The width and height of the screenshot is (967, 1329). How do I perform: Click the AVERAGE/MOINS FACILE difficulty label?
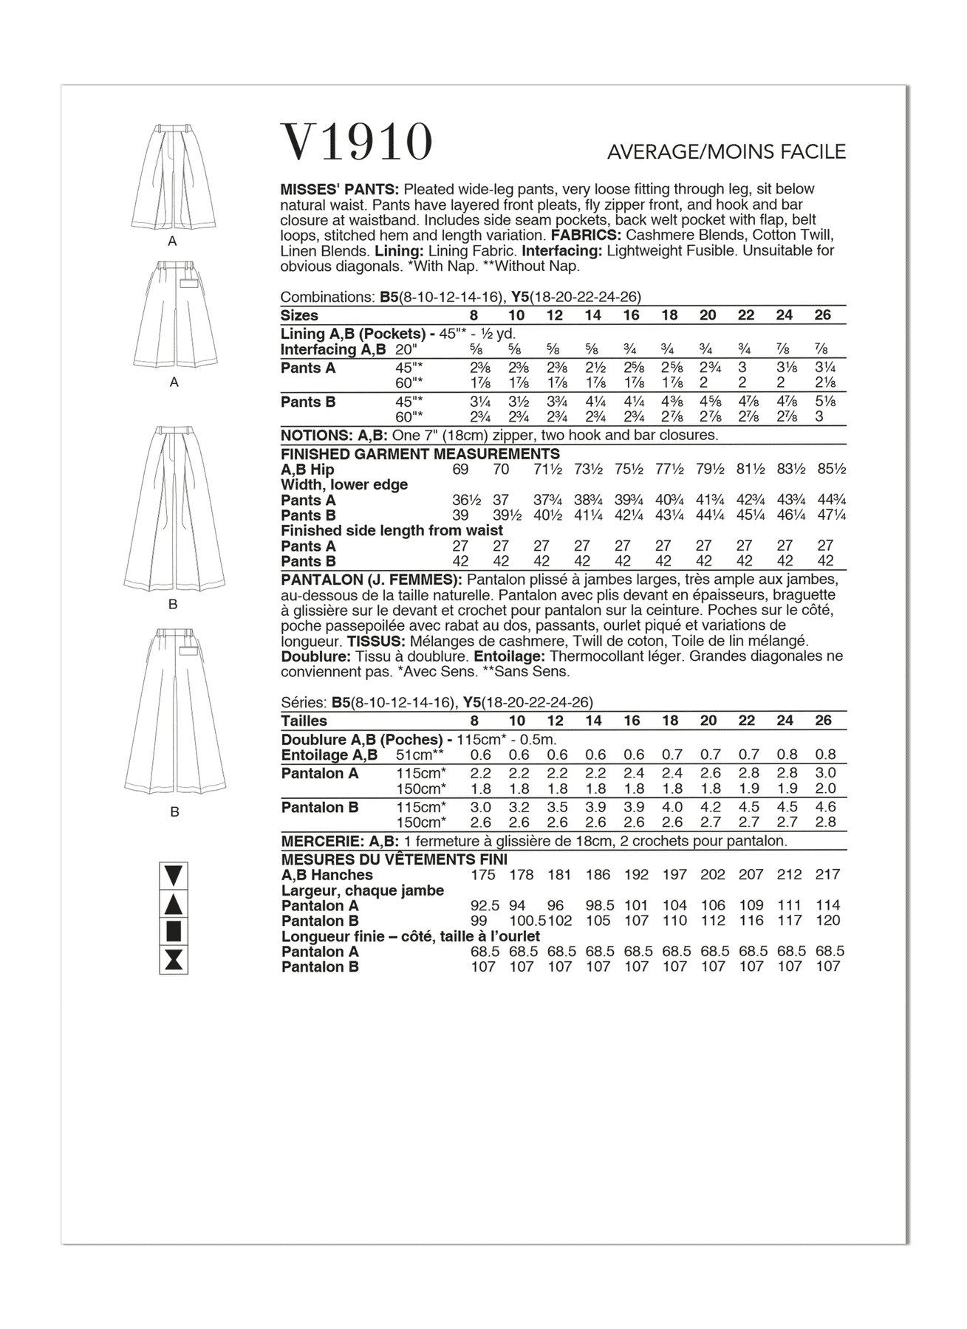click(x=726, y=152)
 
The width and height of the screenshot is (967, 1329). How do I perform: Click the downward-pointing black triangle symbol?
click(x=174, y=876)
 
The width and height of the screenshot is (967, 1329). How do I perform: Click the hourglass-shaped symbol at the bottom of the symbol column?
click(x=174, y=960)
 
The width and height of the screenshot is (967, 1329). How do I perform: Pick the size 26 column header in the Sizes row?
click(x=822, y=315)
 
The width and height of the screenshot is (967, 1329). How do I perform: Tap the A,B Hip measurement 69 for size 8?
click(x=462, y=470)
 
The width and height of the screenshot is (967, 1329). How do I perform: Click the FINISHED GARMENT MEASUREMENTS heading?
click(x=420, y=454)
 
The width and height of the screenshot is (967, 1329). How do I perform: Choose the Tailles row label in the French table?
click(x=304, y=721)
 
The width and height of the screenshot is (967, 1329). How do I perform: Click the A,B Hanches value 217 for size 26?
click(x=827, y=875)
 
